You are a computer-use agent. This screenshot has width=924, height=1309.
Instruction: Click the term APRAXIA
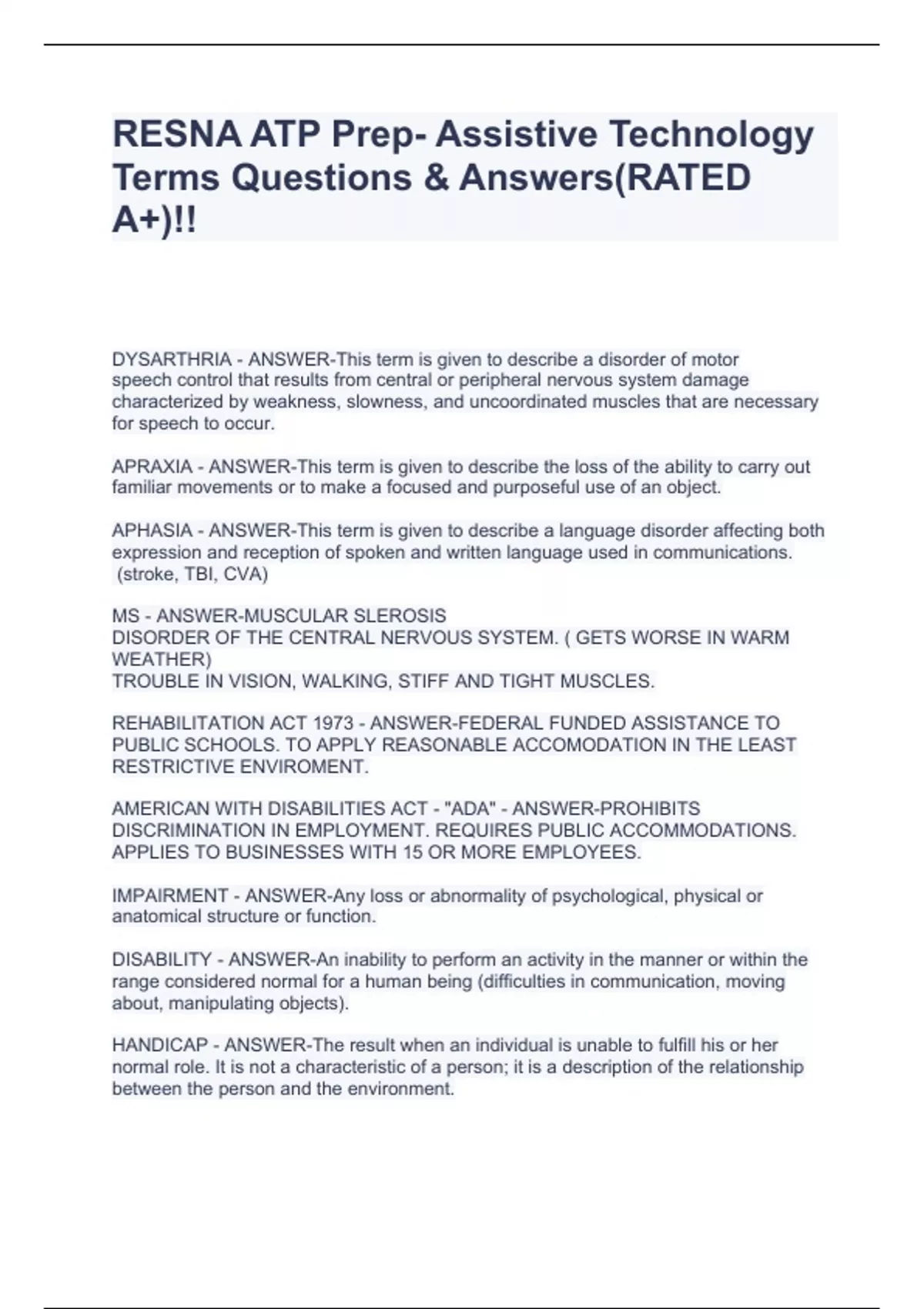(x=152, y=467)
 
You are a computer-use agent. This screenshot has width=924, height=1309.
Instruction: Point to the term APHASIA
(x=152, y=531)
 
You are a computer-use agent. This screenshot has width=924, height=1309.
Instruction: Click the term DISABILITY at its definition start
(x=162, y=959)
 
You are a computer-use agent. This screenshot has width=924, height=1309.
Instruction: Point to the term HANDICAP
(x=160, y=1045)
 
